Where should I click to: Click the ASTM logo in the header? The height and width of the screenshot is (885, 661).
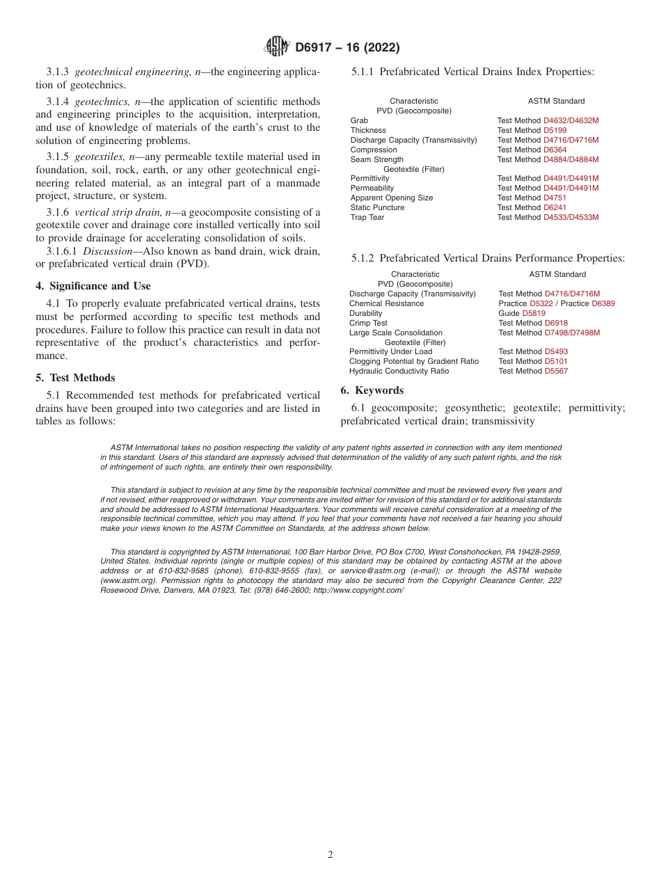[277, 47]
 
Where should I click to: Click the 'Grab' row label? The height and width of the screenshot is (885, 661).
[359, 120]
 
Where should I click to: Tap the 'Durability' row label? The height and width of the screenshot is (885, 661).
[365, 313]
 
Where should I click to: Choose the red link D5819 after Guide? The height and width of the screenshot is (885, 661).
[534, 313]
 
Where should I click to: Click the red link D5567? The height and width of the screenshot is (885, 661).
[556, 371]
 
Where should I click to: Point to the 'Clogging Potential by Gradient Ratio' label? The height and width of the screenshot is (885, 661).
[413, 361]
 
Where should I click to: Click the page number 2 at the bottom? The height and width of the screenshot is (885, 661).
[330, 855]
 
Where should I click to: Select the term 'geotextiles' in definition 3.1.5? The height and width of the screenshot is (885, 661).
[100, 156]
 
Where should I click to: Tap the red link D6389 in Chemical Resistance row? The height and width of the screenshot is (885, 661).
[603, 303]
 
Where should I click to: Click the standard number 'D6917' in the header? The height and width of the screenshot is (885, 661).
[317, 48]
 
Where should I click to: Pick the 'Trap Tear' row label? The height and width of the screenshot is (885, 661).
[367, 217]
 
